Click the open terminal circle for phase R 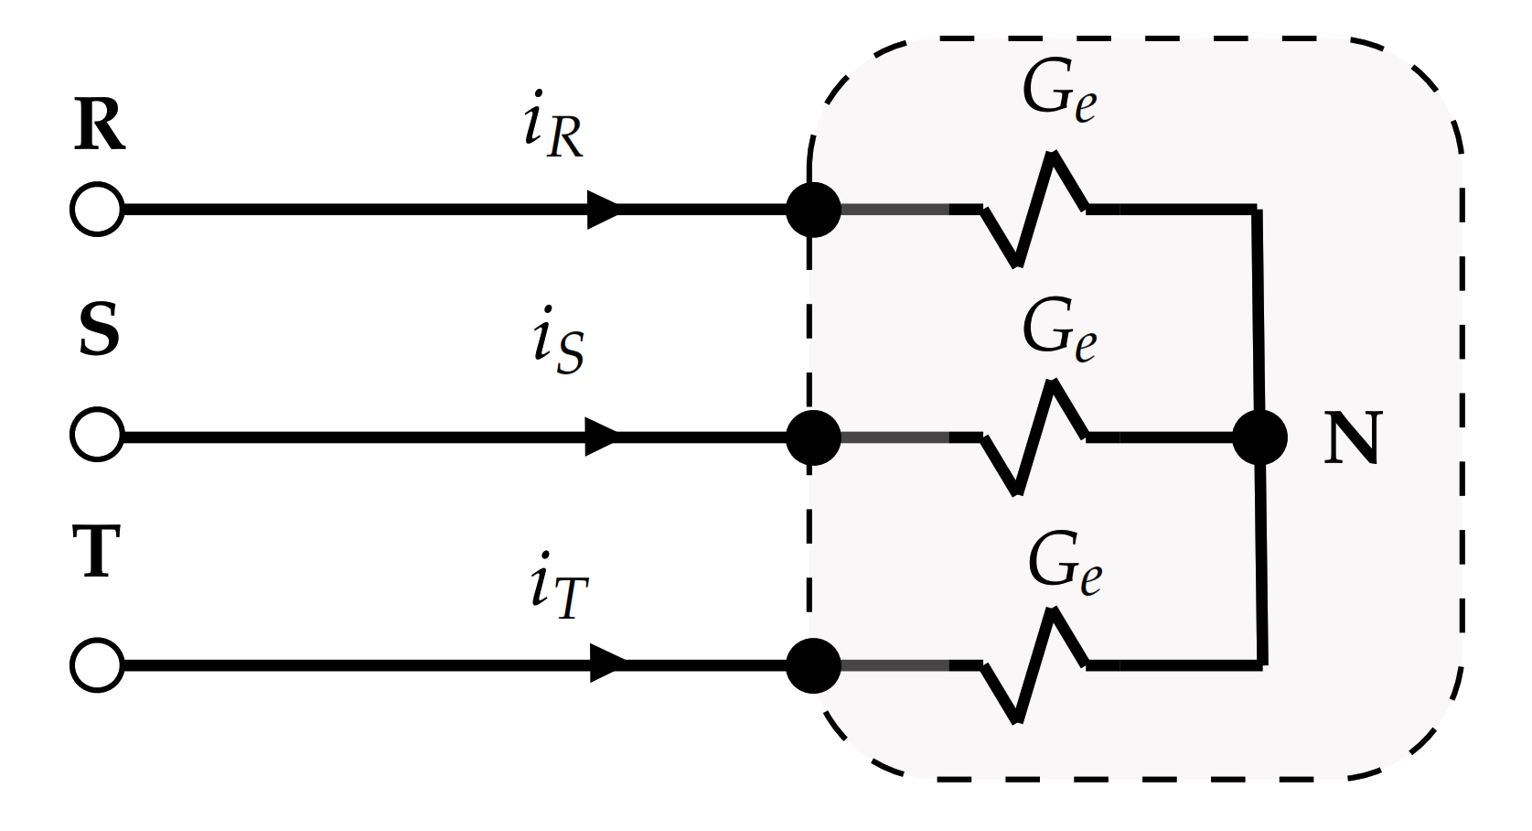96,210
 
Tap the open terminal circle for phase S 96,436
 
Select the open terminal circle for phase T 96,664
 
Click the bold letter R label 99,126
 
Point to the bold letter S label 99,331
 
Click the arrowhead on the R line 604,210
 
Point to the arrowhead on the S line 602,436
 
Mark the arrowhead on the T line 607,664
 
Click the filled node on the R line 813,210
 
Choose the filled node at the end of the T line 813,665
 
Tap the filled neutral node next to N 1259,437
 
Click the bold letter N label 1351,439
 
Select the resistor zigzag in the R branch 1035,210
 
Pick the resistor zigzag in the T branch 1035,665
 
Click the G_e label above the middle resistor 1059,331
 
